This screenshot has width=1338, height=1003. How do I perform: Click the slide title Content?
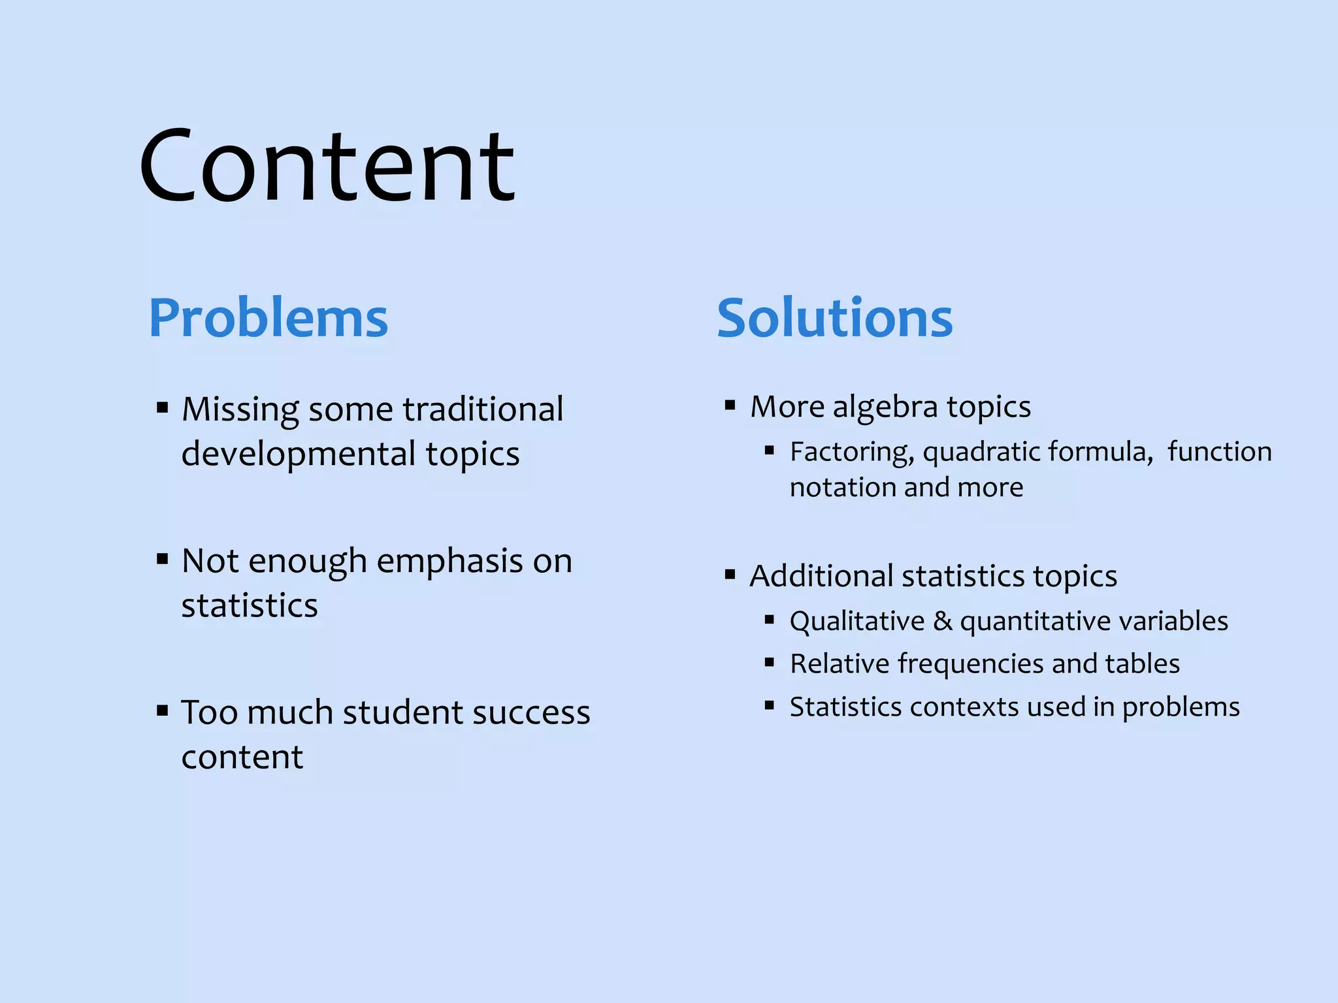click(327, 167)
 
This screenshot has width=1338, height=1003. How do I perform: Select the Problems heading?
click(268, 318)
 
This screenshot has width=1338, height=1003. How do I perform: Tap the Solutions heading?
click(834, 318)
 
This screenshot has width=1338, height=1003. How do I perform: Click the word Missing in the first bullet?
click(240, 411)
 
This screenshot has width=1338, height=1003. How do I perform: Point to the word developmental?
click(299, 454)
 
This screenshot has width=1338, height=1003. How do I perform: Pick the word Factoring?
click(851, 452)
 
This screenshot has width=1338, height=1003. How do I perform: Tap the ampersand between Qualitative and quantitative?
click(942, 621)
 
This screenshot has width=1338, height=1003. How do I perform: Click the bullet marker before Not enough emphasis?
click(163, 559)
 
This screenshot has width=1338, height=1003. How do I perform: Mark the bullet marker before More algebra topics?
click(730, 406)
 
